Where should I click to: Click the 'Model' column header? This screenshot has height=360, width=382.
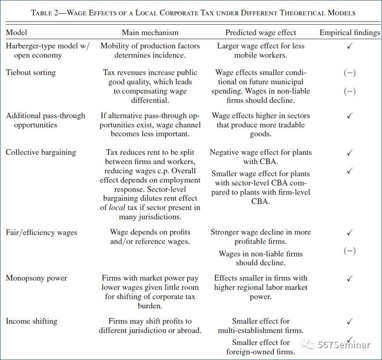(x=16, y=33)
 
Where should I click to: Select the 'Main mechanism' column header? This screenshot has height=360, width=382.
(x=150, y=33)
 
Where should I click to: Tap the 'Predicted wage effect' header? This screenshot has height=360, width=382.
(x=260, y=33)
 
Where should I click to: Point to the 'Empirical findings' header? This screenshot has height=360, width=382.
(x=349, y=33)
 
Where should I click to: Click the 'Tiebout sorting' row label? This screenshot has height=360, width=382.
(x=31, y=73)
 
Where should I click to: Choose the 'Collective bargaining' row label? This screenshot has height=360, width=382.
(x=41, y=152)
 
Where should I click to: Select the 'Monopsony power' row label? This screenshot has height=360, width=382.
(x=37, y=278)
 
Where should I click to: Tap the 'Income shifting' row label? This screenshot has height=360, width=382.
(x=31, y=321)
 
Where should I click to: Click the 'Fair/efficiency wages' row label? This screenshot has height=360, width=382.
(x=41, y=232)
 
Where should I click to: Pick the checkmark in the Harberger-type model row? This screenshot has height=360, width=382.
(x=349, y=46)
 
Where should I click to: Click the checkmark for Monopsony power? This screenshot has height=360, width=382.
(x=349, y=279)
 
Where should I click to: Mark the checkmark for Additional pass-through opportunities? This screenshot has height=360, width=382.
(x=349, y=116)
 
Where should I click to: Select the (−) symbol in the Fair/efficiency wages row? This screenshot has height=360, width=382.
(x=349, y=251)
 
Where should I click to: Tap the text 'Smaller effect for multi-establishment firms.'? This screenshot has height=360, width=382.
(x=260, y=326)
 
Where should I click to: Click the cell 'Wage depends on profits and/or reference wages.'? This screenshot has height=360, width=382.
(x=150, y=237)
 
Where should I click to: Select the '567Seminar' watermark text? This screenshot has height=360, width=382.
(x=344, y=345)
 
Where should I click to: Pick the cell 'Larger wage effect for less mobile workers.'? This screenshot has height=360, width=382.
(x=260, y=51)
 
